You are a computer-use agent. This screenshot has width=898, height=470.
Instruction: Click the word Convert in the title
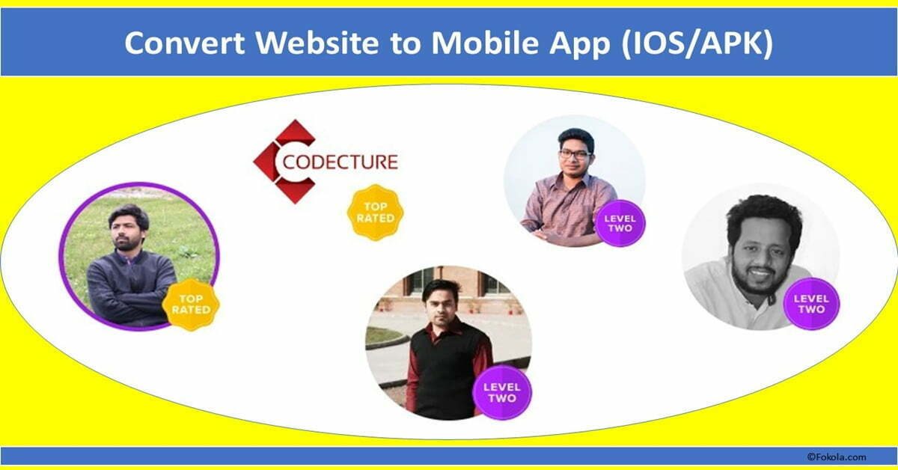185,43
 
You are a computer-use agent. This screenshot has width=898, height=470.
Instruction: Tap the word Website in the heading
317,43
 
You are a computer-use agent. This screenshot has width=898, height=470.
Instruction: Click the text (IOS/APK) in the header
697,43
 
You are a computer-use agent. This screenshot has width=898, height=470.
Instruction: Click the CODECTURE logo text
340,162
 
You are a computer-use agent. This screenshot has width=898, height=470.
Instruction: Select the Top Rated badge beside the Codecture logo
376,213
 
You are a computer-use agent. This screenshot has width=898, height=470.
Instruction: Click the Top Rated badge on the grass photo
191,305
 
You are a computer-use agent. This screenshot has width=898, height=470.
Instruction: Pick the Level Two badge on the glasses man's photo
620,223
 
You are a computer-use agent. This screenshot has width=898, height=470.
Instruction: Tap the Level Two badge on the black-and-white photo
811,304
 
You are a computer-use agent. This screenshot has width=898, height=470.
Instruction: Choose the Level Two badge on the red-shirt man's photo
502,393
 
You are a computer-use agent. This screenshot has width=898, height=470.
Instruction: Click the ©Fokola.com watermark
837,457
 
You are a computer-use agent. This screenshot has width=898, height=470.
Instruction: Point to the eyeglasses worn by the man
575,154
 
